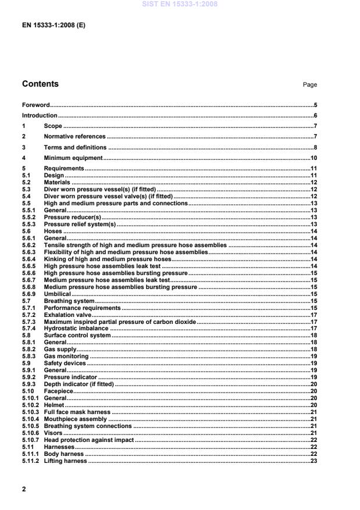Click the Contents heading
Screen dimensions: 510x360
(40, 84)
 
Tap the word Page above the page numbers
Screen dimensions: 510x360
(310, 85)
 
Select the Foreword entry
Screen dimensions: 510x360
(35, 105)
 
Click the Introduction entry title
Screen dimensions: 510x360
(40, 116)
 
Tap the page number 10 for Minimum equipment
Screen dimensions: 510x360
(313, 158)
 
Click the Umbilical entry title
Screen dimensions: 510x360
(58, 294)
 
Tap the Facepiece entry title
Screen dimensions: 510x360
(59, 391)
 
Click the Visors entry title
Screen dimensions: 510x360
(53, 433)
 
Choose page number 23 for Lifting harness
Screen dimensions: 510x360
(313, 461)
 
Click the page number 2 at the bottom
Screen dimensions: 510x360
(24, 490)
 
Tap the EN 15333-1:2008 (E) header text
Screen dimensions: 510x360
(48, 26)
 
